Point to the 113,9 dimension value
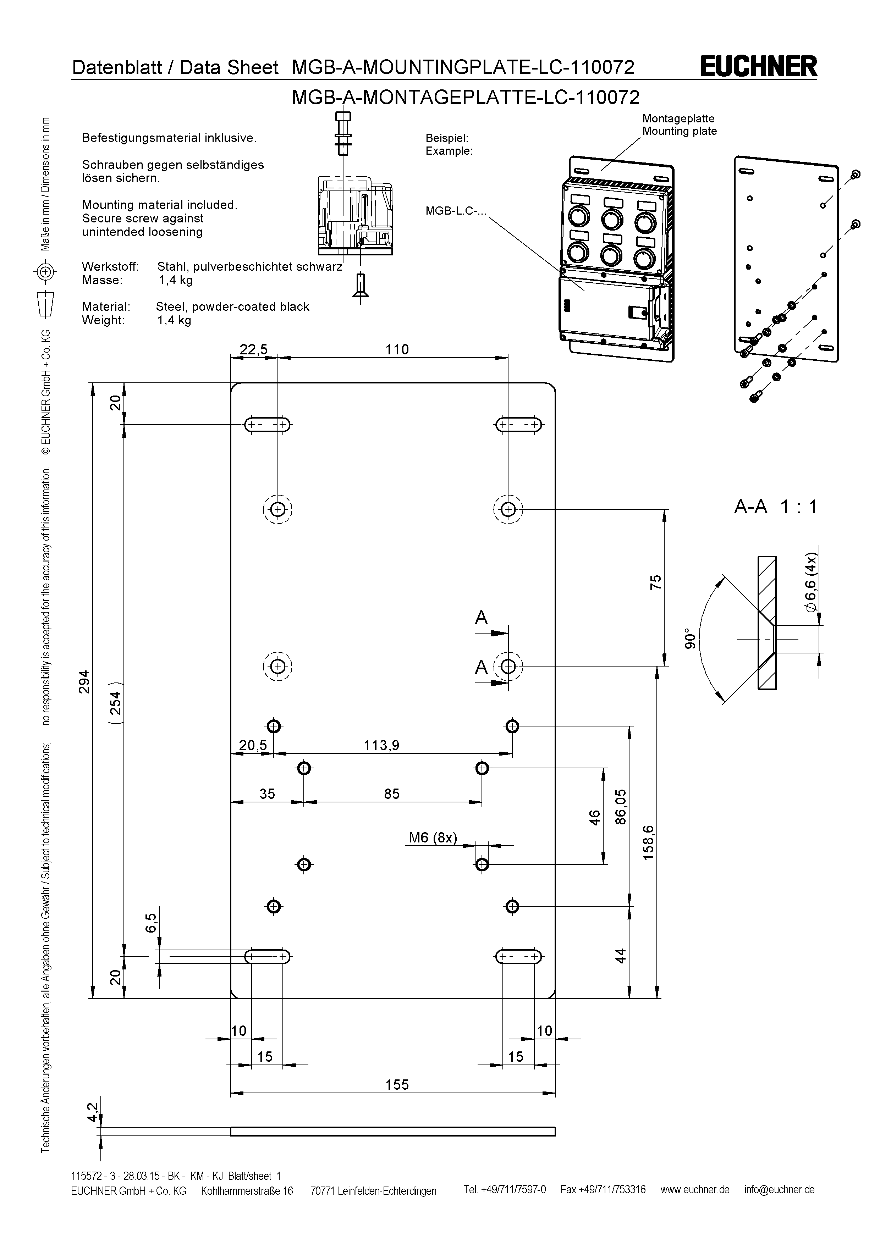[x=381, y=746]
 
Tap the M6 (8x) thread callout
[x=433, y=837]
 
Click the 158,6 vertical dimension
[x=649, y=842]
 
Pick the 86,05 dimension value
[x=621, y=807]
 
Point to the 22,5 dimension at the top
[x=254, y=349]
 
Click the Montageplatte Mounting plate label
[x=679, y=125]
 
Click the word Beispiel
[x=446, y=138]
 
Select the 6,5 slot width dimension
[x=151, y=923]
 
